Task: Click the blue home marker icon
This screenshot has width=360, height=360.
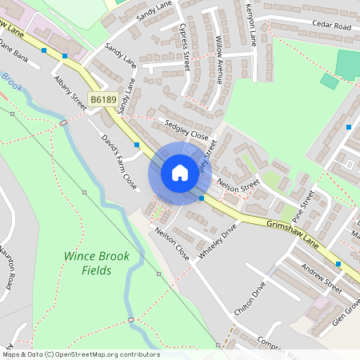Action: [x=180, y=173]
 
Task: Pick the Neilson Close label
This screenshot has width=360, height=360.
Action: [x=171, y=243]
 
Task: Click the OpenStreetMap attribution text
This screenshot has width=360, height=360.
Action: [x=81, y=354]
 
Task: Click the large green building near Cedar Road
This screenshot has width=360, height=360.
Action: [x=348, y=63]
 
